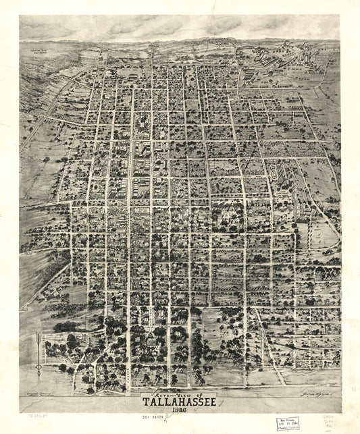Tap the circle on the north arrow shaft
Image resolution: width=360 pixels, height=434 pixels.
[x=40, y=368]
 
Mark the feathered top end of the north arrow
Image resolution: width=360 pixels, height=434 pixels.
[x=40, y=333]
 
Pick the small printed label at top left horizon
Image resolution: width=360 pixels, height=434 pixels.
[x=35, y=49]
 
